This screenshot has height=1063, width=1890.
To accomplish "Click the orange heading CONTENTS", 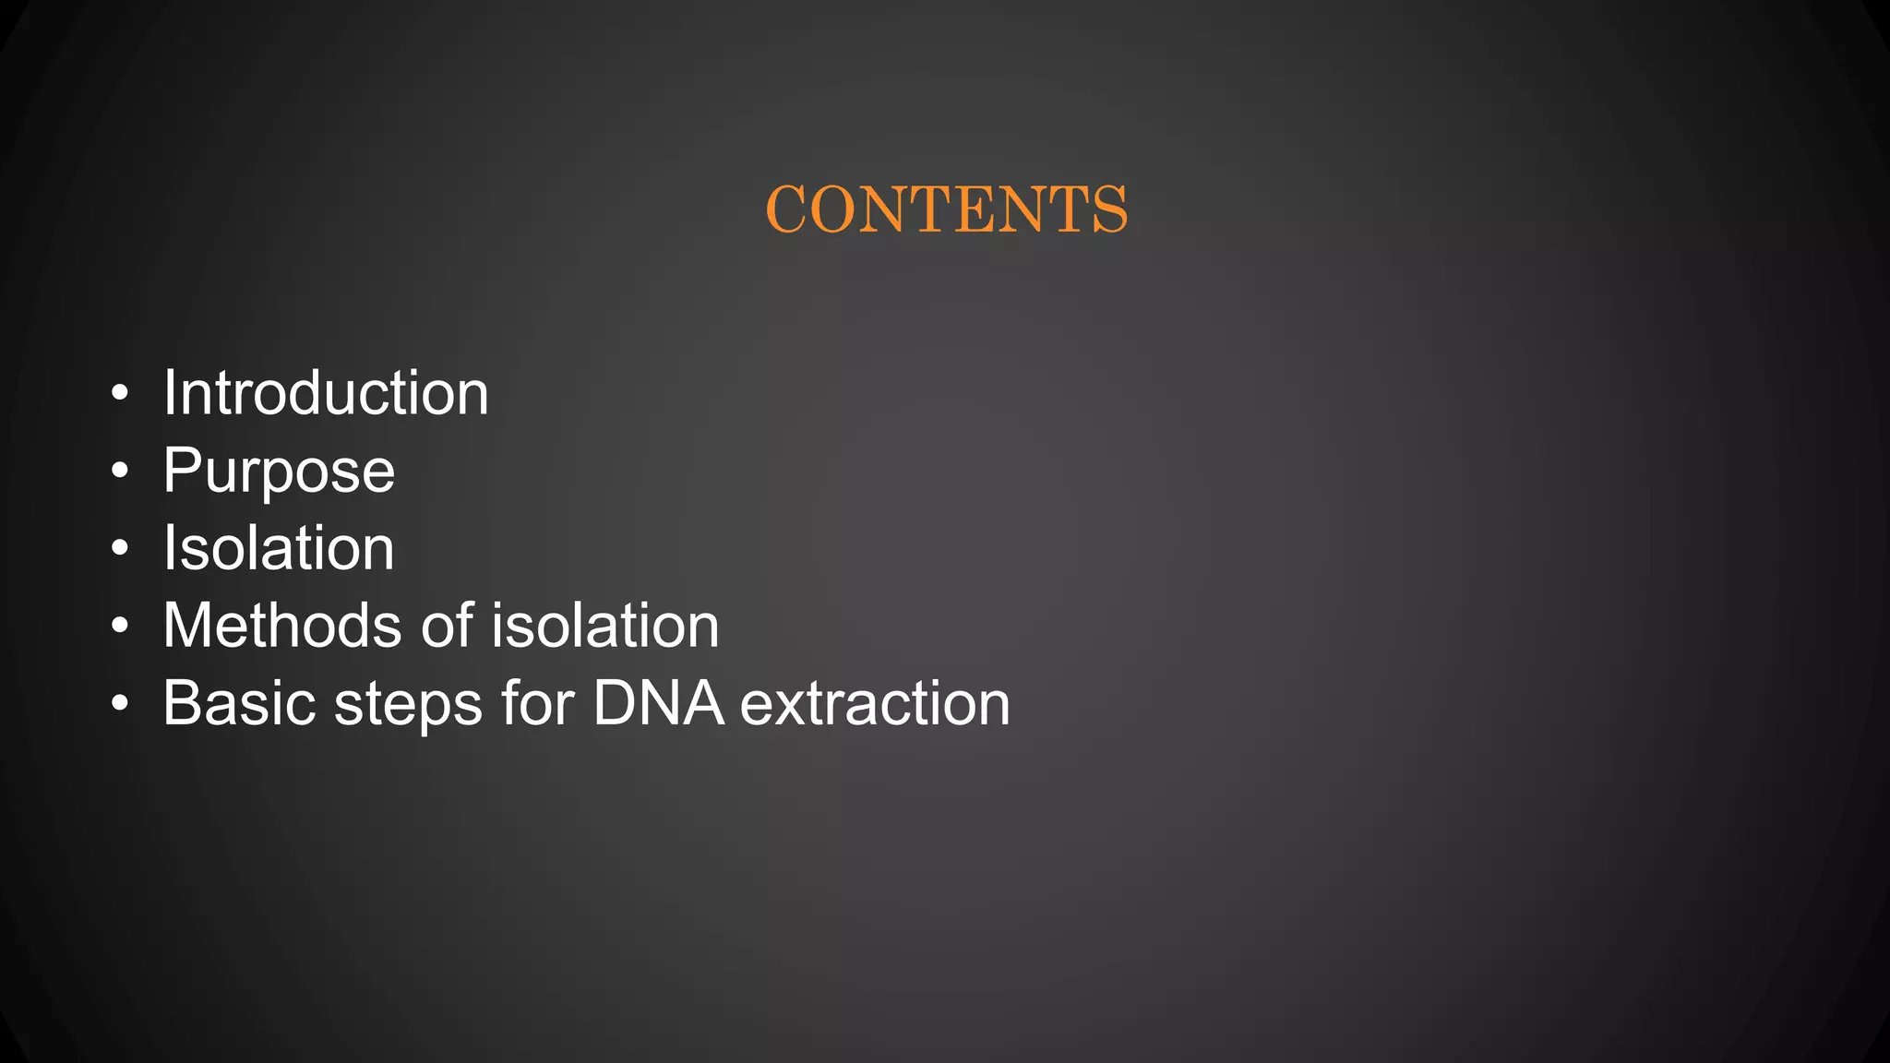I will click(x=946, y=209).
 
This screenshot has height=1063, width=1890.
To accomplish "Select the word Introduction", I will click(x=326, y=393).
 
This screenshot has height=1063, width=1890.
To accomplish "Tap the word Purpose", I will click(x=279, y=472).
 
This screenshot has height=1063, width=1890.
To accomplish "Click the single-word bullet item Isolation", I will click(x=279, y=548).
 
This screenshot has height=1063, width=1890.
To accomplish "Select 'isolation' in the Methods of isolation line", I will click(x=604, y=626).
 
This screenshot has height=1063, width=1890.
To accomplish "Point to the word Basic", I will click(x=239, y=703).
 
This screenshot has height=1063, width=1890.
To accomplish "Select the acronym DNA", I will click(x=658, y=703).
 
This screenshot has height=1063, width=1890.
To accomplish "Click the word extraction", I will click(x=875, y=703).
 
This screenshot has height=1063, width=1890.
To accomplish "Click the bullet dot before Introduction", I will click(x=119, y=394).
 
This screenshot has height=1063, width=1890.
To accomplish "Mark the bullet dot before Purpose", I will click(x=119, y=472).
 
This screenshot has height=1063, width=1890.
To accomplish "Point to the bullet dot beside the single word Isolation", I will click(x=119, y=549).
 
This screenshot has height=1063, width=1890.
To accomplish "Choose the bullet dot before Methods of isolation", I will click(x=119, y=627).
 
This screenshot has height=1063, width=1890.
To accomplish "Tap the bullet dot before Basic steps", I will click(x=119, y=704).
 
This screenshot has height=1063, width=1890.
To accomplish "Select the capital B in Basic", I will click(x=182, y=703).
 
